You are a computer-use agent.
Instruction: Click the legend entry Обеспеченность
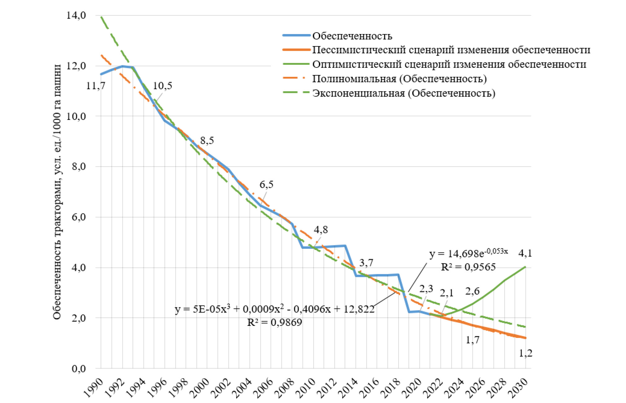point(352,36)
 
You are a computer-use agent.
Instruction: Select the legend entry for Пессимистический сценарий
point(451,50)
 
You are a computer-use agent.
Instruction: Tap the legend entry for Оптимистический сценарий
point(449,64)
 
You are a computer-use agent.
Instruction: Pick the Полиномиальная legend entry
point(399,79)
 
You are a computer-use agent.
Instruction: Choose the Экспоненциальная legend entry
point(403,93)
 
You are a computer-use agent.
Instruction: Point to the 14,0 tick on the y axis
point(76,15)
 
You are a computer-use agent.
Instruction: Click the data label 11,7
point(96,85)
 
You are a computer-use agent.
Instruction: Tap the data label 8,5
point(207,141)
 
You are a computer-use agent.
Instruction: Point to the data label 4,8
point(320,230)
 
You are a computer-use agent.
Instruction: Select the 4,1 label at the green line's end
point(525,253)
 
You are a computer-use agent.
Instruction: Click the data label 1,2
point(526,353)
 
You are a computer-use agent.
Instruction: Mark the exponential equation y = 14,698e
point(468,253)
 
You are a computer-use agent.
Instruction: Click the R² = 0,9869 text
point(274,322)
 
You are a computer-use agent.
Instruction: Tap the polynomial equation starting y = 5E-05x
point(274,309)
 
